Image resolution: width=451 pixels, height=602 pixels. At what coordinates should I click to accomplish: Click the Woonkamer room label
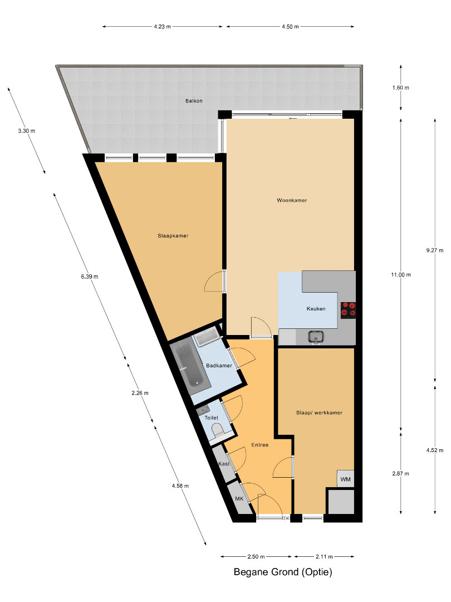point(292,200)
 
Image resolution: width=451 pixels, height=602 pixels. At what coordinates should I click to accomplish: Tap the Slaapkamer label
point(173,236)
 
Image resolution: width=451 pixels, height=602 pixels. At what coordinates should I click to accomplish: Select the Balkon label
point(194,101)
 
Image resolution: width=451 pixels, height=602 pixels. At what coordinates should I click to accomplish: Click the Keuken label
point(316,309)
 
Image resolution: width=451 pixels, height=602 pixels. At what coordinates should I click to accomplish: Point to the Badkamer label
point(219,366)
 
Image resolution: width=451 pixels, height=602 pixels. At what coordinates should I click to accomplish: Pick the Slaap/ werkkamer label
point(319,412)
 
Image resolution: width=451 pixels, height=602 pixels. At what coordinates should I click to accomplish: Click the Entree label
point(259,445)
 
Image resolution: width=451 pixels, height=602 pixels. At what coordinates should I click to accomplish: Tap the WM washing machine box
point(346,479)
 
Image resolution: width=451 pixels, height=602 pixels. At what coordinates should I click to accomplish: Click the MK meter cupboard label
point(239,499)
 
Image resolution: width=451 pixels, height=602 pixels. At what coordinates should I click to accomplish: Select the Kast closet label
point(224,464)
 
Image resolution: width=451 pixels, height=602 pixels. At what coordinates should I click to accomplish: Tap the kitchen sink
point(316,337)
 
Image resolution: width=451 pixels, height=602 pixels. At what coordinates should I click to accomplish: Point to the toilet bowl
point(218,431)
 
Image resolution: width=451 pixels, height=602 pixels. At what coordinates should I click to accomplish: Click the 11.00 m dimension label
point(401,275)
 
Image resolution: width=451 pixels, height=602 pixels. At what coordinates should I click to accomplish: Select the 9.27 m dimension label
point(434,250)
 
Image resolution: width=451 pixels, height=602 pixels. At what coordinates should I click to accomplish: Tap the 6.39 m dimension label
point(89,276)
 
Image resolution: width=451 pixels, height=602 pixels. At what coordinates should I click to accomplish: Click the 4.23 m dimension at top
point(162,27)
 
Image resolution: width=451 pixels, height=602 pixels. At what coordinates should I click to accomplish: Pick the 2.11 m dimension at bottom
point(324,556)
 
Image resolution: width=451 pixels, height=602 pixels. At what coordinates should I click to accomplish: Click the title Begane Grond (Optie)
point(283,572)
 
